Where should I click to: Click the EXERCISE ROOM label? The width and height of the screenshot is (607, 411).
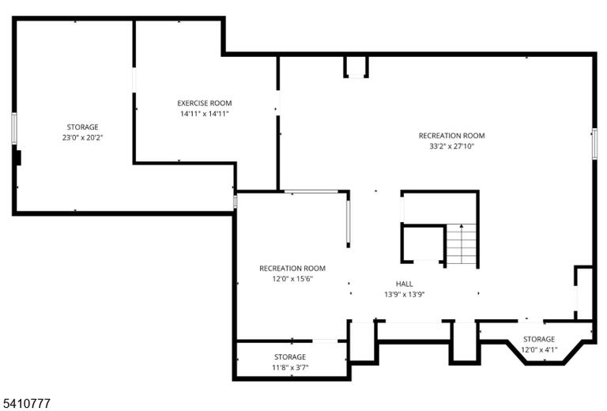click(x=205, y=104)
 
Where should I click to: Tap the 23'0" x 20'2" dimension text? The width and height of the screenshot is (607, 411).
click(x=82, y=138)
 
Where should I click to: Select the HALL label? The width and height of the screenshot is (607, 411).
click(x=404, y=284)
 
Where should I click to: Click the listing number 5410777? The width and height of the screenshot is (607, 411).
click(x=25, y=403)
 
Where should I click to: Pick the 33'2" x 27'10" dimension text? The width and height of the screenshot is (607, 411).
click(x=452, y=146)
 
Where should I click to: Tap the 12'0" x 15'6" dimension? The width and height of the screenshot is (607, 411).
click(x=292, y=279)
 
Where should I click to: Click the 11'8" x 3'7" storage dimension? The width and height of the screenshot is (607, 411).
click(x=290, y=368)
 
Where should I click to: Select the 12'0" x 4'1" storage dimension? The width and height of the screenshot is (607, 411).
click(x=539, y=350)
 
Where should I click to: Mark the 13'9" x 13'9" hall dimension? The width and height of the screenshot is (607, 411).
click(x=404, y=294)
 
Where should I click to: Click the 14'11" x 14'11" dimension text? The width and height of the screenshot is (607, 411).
click(x=205, y=114)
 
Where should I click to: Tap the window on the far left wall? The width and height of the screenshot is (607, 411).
click(x=14, y=129)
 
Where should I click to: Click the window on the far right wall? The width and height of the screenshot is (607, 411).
click(x=594, y=144)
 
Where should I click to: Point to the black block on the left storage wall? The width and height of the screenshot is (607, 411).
click(x=17, y=158)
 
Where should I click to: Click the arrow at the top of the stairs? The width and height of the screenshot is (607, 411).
click(x=462, y=226)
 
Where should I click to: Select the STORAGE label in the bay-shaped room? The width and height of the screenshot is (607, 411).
click(x=539, y=339)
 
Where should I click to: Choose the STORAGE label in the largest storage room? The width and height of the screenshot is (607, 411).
click(x=82, y=127)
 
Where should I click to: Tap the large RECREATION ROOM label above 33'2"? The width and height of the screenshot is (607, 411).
click(x=452, y=136)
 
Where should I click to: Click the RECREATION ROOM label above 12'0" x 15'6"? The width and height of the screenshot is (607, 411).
click(x=292, y=268)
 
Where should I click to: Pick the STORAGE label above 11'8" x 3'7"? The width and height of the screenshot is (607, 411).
click(x=290, y=356)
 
